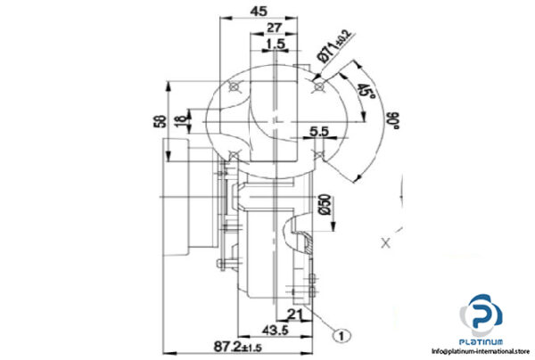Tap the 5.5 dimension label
coord(320,132)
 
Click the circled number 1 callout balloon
coord(339,336)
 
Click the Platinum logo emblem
coord(482,315)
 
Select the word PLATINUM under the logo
coord(482,342)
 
